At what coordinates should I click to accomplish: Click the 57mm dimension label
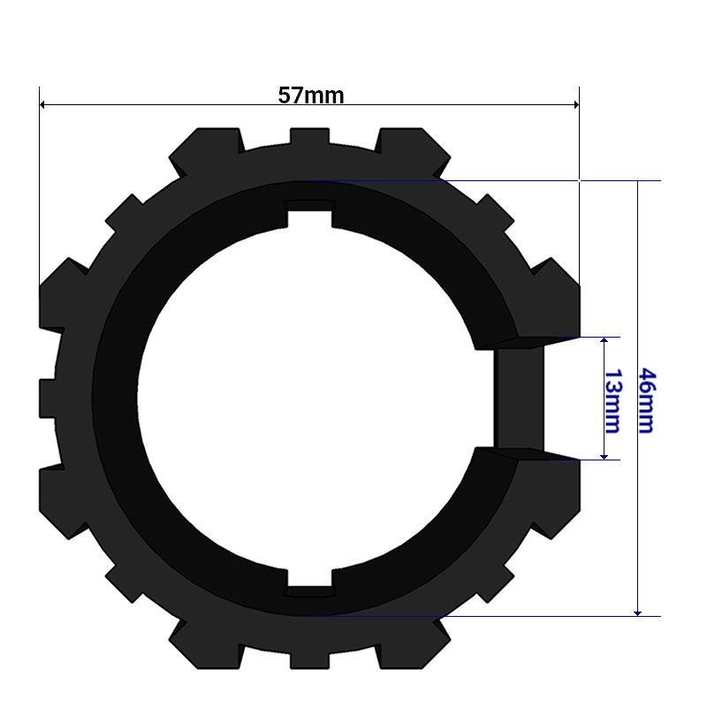311,95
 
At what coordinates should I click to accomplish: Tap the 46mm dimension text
648,400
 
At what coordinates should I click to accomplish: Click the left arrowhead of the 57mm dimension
42,104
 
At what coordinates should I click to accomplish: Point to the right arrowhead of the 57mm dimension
577,104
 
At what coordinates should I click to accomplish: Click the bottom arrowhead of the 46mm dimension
637,613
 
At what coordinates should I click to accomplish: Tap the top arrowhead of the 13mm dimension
604,339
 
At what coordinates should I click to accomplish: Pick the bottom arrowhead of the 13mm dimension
604,457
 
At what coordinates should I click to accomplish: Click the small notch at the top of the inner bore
310,213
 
